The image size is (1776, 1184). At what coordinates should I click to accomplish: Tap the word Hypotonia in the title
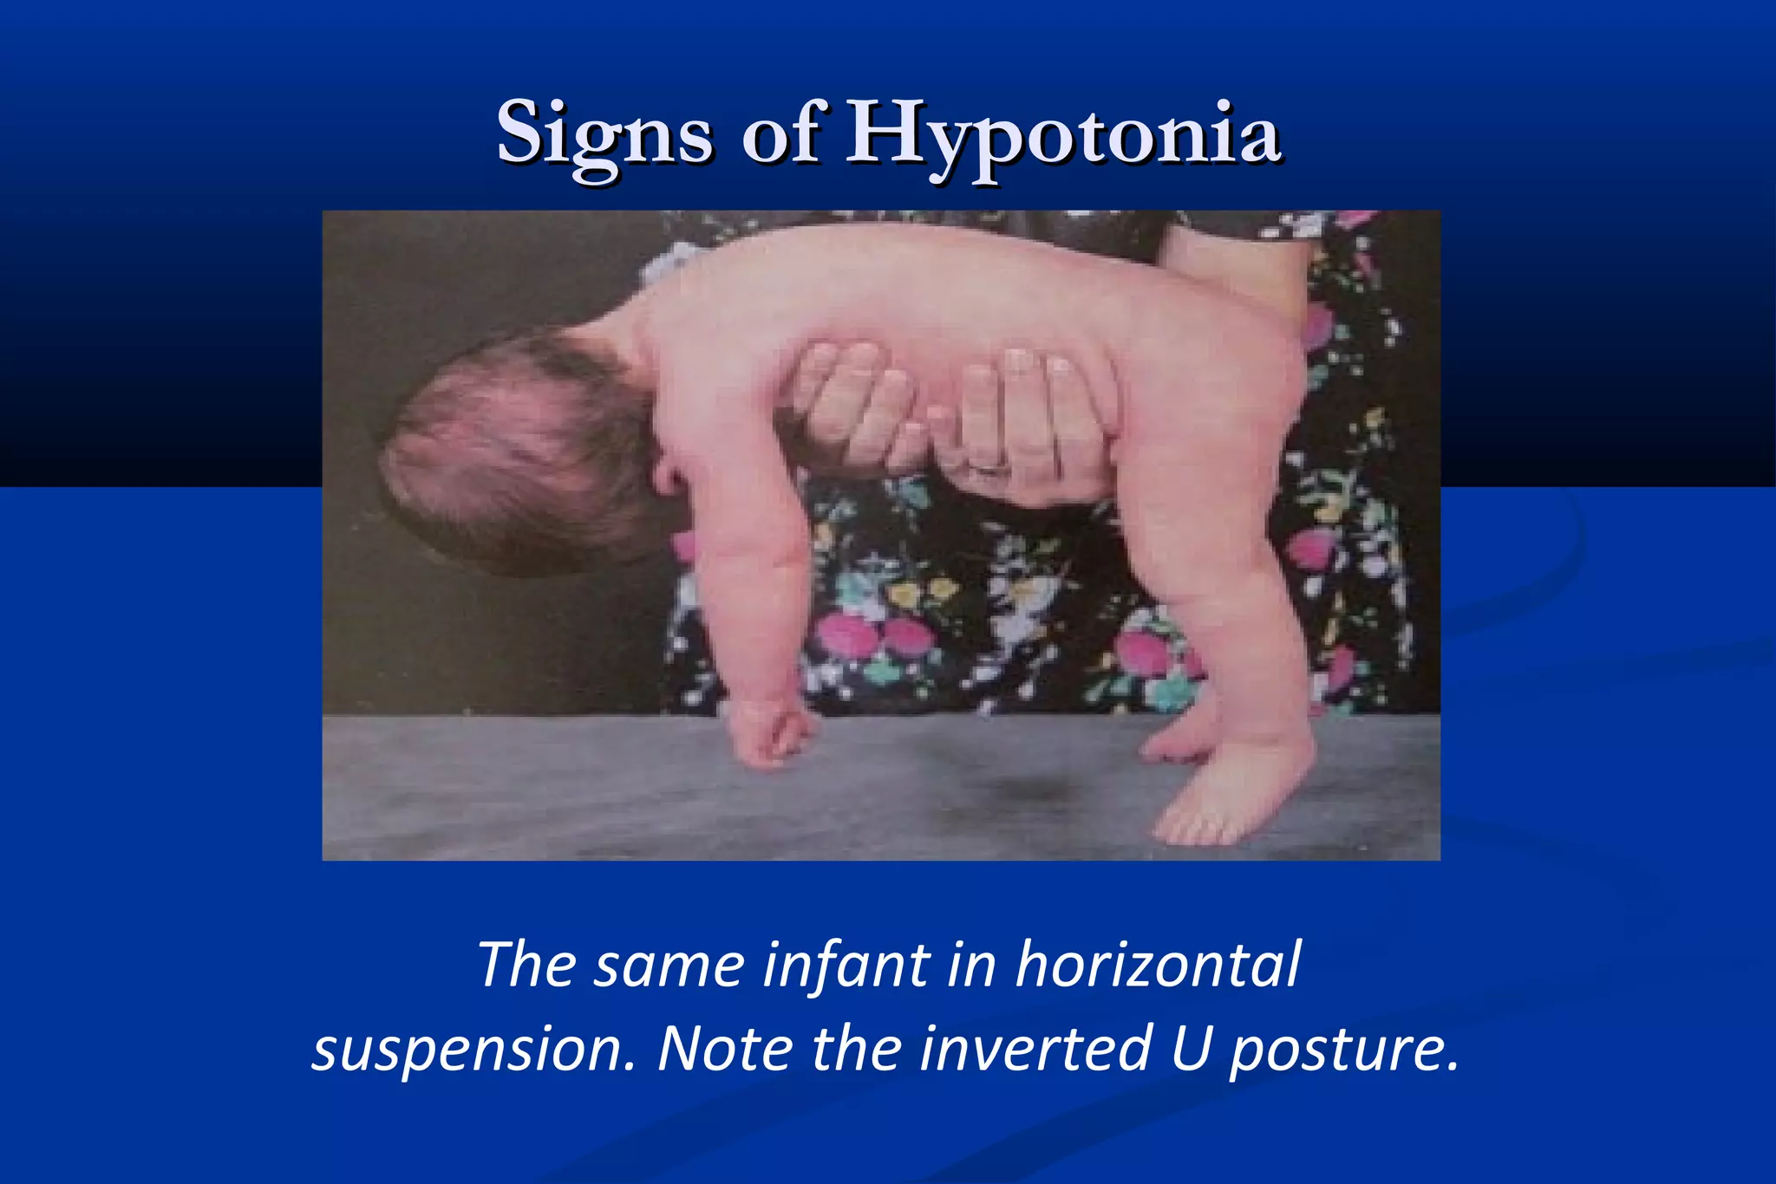tap(1063, 134)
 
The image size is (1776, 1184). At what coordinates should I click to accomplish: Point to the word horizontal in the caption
tap(1158, 964)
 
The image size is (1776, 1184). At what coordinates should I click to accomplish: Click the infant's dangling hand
tap(767, 732)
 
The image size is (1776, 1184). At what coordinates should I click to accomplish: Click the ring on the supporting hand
tap(989, 468)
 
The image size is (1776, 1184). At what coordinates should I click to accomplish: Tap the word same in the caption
tap(669, 964)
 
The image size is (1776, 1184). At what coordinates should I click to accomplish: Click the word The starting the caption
tap(526, 964)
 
